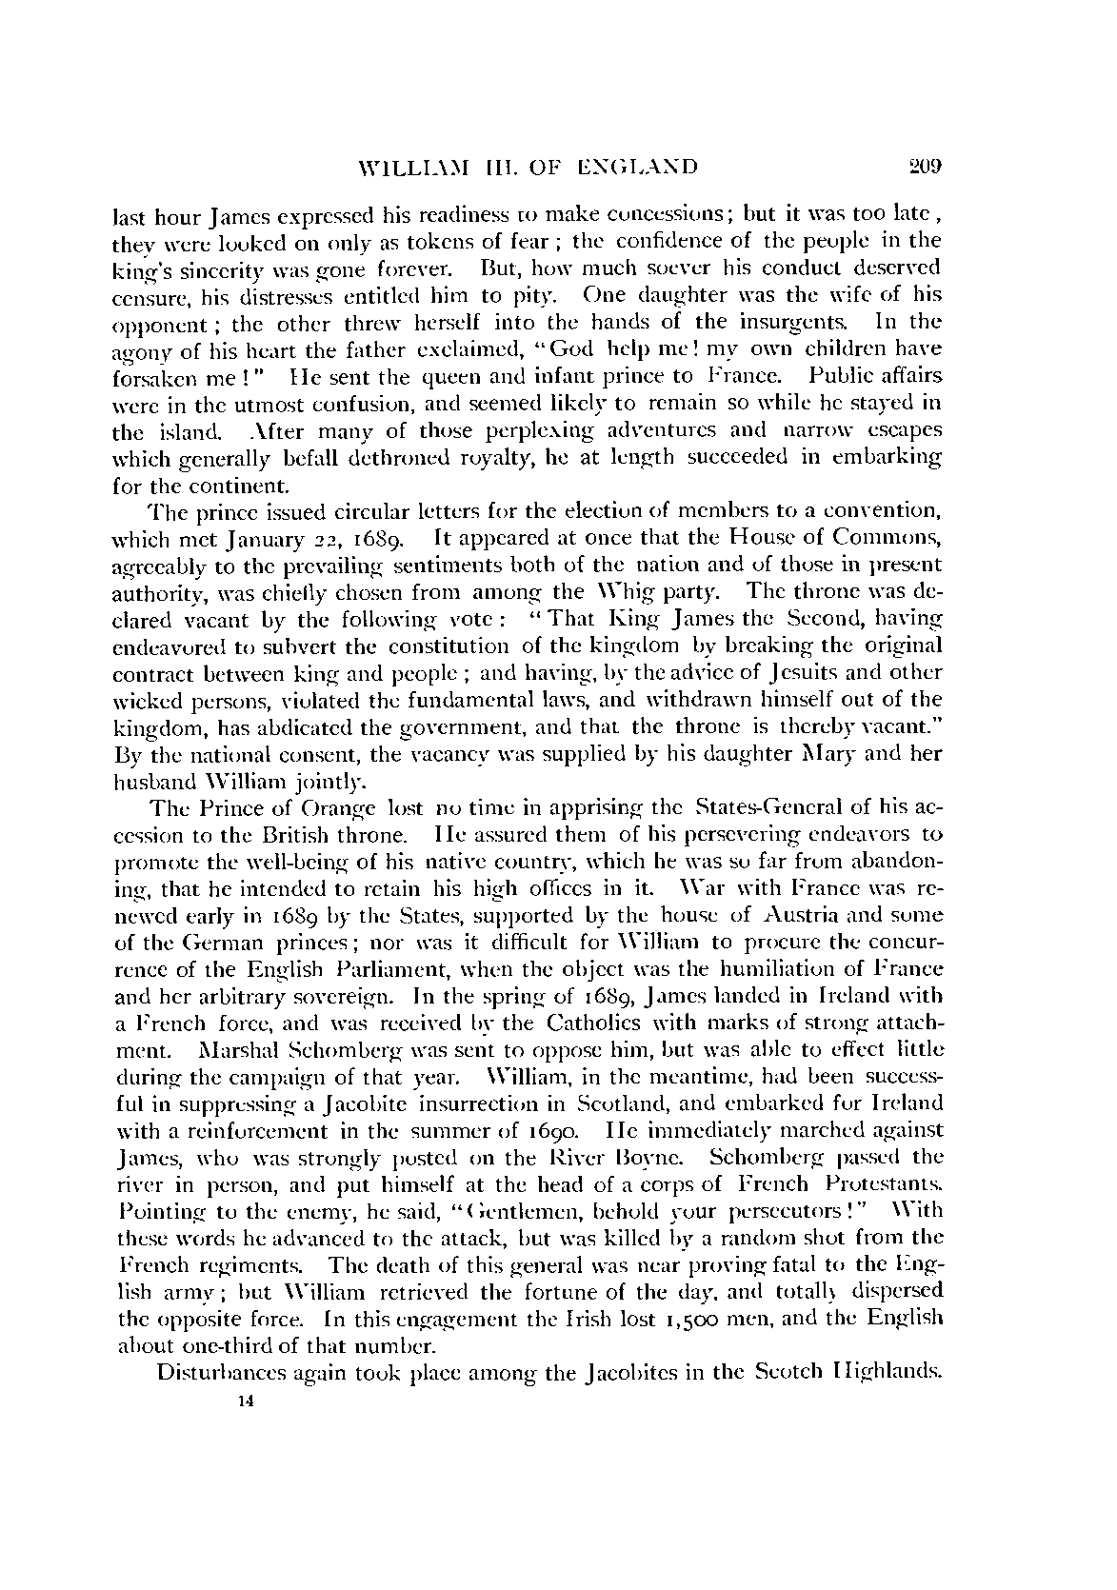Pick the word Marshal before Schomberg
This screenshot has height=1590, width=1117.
236,1052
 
